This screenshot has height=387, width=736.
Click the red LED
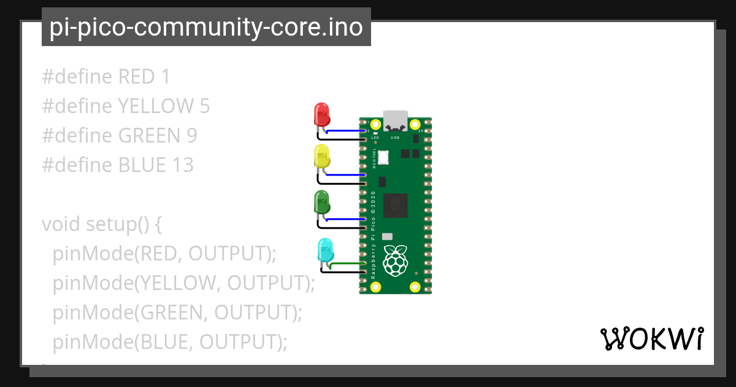pyautogui.click(x=322, y=115)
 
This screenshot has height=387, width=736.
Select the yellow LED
pyautogui.click(x=322, y=157)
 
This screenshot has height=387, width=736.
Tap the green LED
pyautogui.click(x=322, y=202)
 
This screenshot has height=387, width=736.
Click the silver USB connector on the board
pyautogui.click(x=396, y=120)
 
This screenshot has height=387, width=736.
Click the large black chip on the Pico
pyautogui.click(x=396, y=205)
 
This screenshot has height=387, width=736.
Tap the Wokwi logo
pyautogui.click(x=651, y=338)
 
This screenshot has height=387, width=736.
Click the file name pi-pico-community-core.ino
pyautogui.click(x=206, y=27)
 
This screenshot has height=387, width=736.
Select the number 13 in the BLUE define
pyautogui.click(x=182, y=165)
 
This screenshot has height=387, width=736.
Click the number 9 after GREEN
pyautogui.click(x=191, y=136)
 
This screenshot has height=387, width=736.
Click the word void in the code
pyautogui.click(x=61, y=224)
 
